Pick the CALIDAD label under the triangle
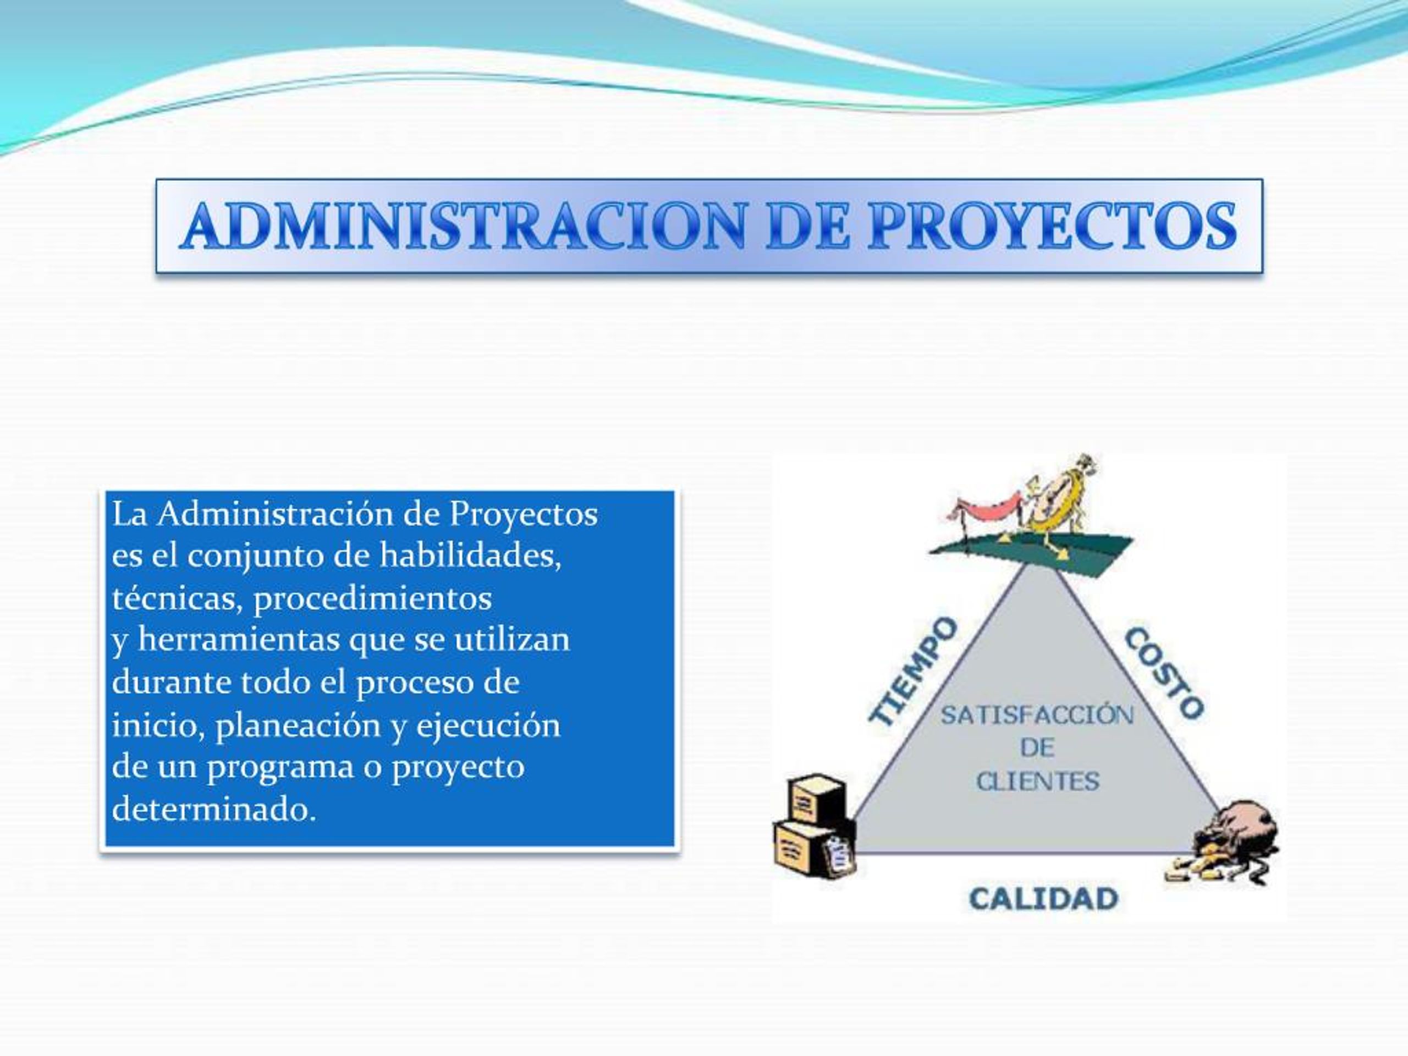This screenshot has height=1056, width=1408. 1043,899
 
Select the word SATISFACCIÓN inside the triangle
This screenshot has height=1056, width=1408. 1037,716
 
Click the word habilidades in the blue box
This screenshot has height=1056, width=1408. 470,555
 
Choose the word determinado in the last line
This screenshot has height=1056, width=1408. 213,809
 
